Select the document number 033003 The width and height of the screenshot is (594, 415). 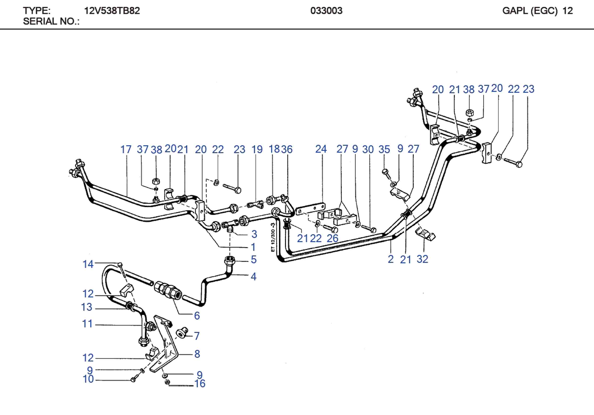click(x=326, y=11)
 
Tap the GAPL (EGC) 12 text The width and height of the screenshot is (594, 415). click(x=537, y=11)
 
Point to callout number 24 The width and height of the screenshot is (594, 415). click(x=321, y=149)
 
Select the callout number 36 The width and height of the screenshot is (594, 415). click(x=287, y=150)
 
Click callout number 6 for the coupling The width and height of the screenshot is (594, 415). click(x=197, y=316)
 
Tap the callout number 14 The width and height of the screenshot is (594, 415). click(x=88, y=264)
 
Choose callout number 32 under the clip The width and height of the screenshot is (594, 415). click(x=422, y=259)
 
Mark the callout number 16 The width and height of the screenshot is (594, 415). click(x=200, y=384)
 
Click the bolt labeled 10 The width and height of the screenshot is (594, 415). click(x=134, y=380)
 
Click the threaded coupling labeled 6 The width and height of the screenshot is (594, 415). click(x=168, y=291)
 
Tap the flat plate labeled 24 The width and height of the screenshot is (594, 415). click(x=310, y=208)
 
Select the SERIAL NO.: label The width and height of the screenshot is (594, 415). click(x=51, y=21)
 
